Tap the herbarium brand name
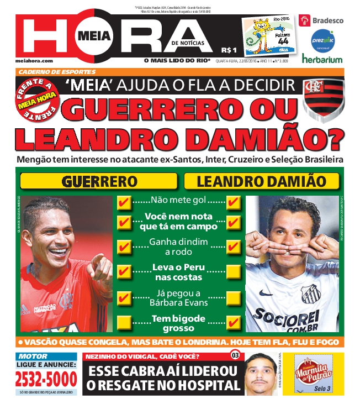click(322, 59)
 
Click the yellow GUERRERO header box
click(99, 181)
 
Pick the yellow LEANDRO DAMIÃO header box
click(262, 181)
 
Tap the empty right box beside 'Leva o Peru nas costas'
click(234, 271)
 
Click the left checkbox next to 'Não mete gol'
click(124, 202)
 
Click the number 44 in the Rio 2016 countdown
click(283, 41)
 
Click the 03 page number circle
click(235, 355)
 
